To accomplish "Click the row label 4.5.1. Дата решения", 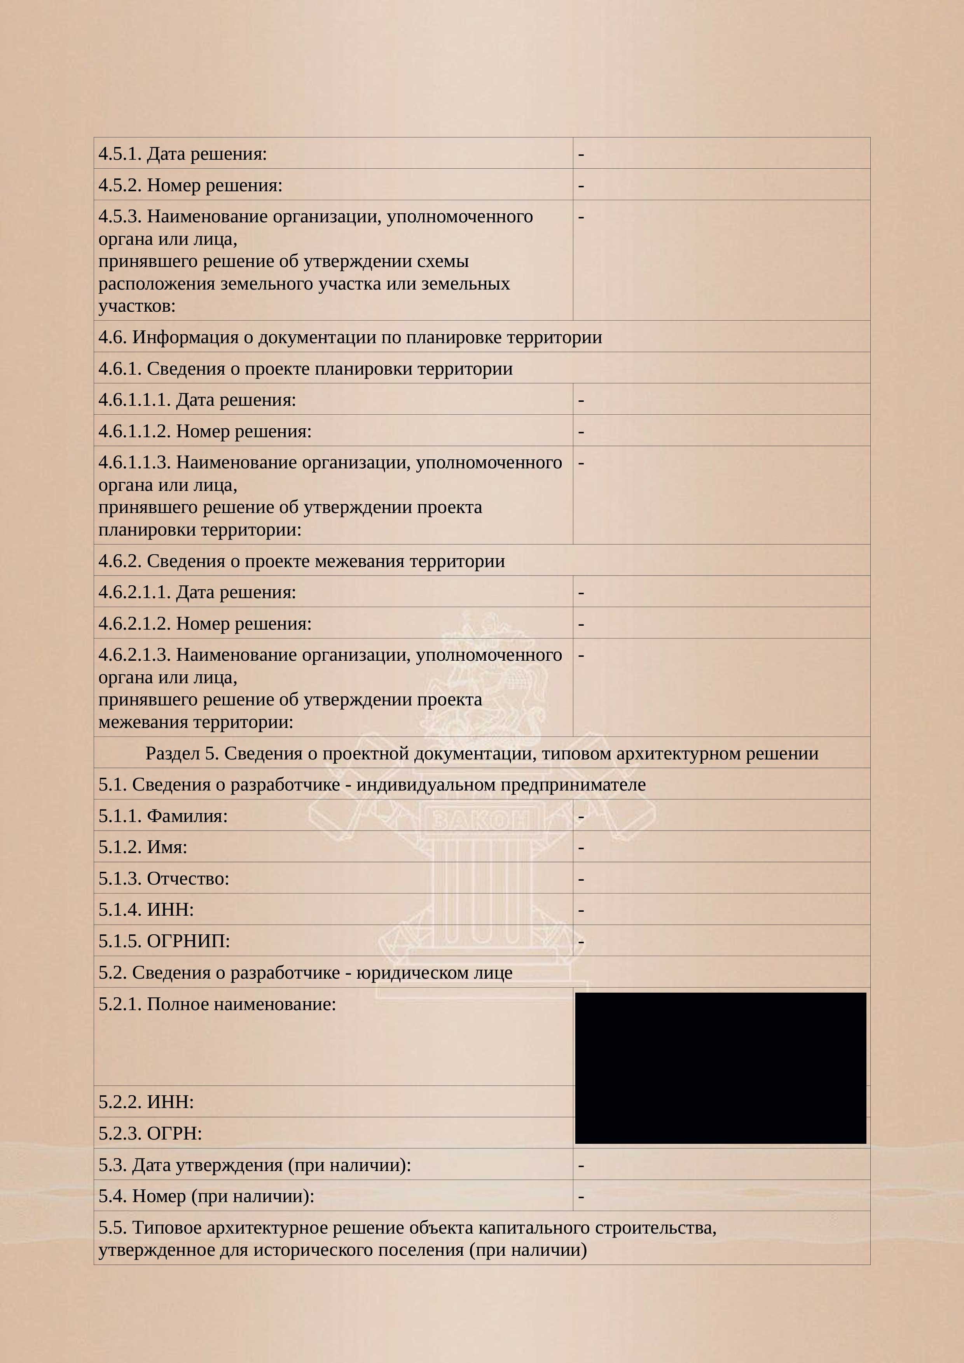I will pos(182,154).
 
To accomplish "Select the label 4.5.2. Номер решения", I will pos(190,185).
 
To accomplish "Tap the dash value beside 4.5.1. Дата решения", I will pos(581,154).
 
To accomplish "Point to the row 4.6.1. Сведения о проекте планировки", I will pos(305,369).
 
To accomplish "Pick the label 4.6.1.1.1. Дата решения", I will pos(197,400).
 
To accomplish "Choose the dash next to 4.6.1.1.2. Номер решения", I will pos(581,431).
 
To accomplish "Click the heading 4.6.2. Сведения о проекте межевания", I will pos(302,561).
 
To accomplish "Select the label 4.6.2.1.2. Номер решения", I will pos(205,623).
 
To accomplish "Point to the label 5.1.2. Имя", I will pos(143,847).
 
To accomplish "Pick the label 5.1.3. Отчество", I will pos(164,879).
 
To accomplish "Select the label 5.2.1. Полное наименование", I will pos(217,1004).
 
